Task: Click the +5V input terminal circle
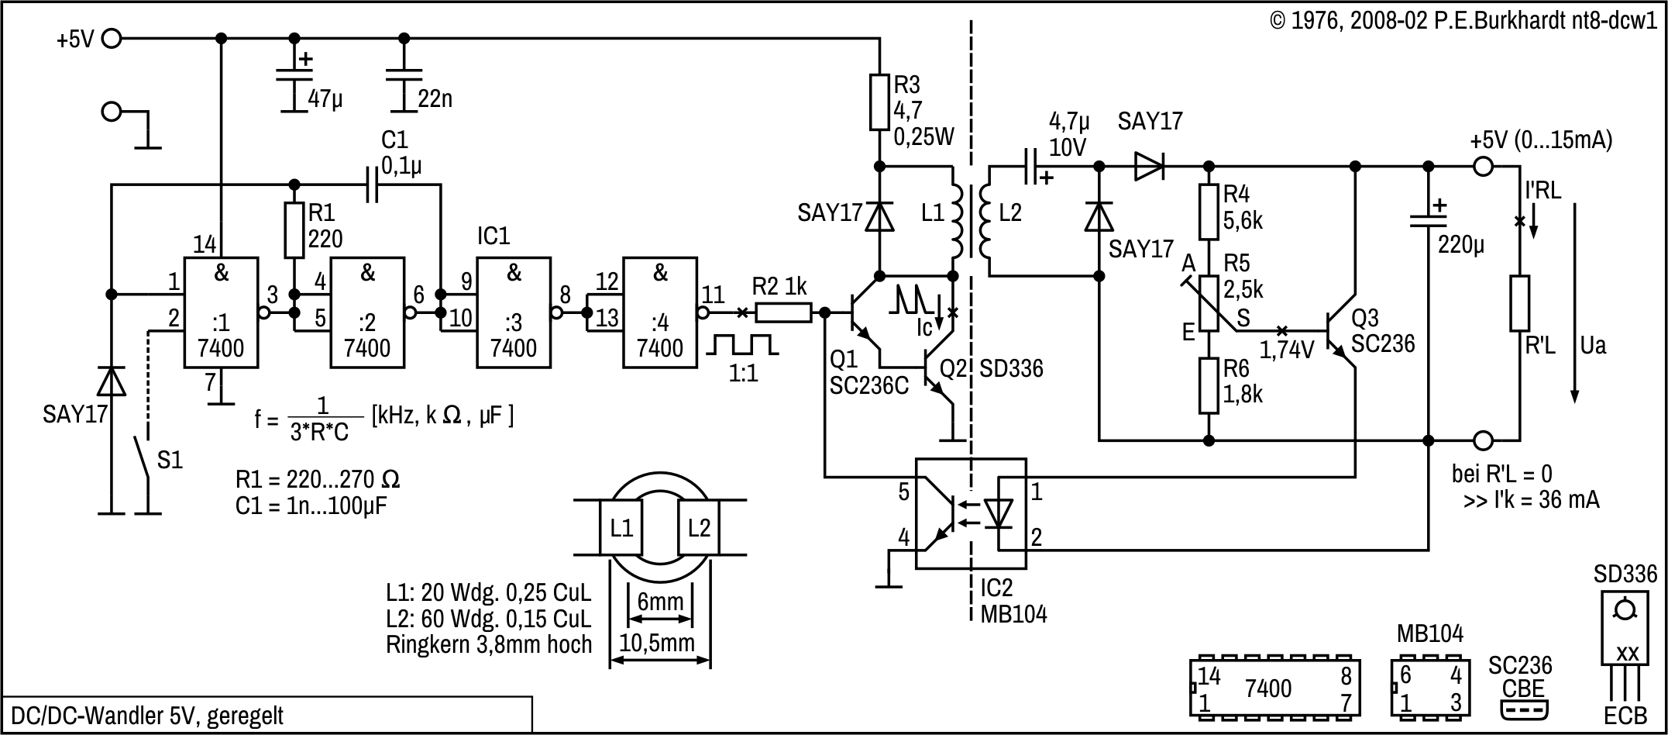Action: pyautogui.click(x=112, y=38)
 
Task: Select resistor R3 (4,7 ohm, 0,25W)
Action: pyautogui.click(x=879, y=102)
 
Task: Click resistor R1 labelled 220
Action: pyautogui.click(x=294, y=230)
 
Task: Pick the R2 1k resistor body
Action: pyautogui.click(x=783, y=312)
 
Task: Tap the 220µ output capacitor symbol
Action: pyautogui.click(x=1429, y=221)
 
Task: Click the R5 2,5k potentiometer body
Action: pyautogui.click(x=1209, y=302)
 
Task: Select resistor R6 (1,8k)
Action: pyautogui.click(x=1209, y=385)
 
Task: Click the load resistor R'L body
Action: pyautogui.click(x=1519, y=303)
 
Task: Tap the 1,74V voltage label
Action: pyautogui.click(x=1287, y=350)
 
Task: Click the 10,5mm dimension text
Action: pyautogui.click(x=657, y=643)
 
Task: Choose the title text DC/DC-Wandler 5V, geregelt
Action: pyautogui.click(x=146, y=715)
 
